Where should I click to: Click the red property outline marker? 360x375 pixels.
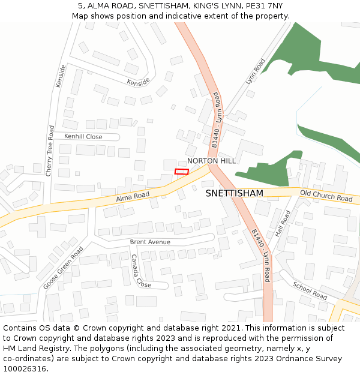click(181, 172)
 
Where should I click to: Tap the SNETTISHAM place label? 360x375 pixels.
click(234, 193)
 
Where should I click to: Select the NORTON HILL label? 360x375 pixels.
click(211, 161)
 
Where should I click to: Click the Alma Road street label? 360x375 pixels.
click(133, 196)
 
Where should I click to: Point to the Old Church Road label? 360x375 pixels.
click(326, 196)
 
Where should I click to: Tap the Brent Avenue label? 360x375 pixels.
click(150, 242)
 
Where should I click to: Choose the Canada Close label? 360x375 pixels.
click(141, 271)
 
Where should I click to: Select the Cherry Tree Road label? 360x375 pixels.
click(51, 150)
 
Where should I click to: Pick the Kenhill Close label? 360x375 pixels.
click(83, 137)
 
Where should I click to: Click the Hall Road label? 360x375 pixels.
click(283, 223)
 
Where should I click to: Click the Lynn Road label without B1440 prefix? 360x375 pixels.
click(255, 71)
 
